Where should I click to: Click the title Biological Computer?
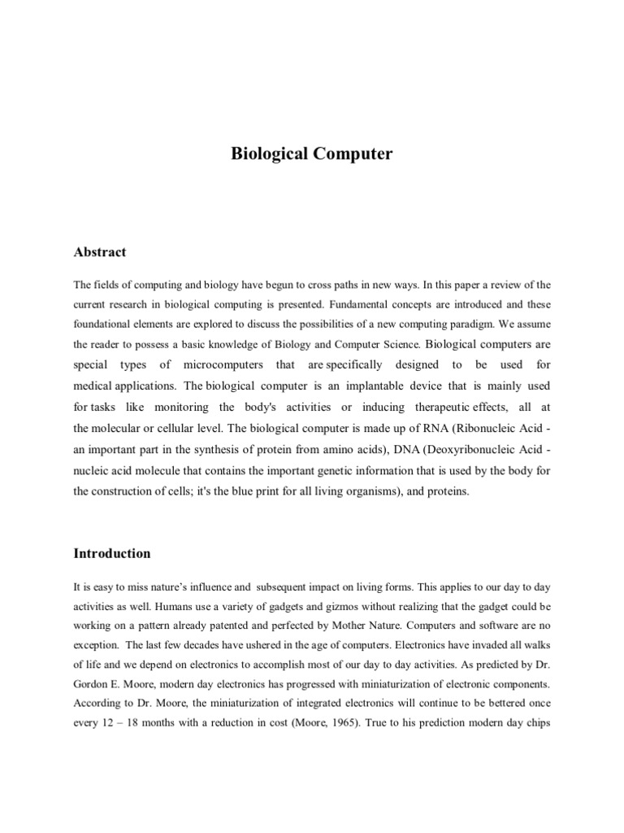[312, 154]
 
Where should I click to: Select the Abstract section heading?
[100, 252]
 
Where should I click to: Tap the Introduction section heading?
[112, 553]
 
